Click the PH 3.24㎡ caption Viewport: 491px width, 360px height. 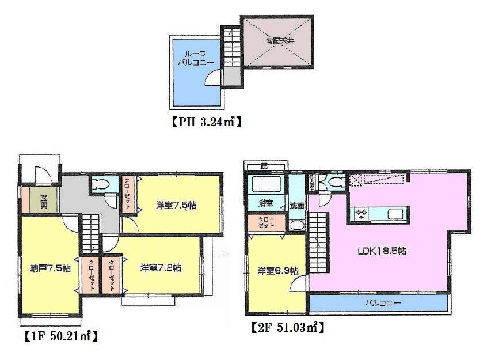[x=204, y=122]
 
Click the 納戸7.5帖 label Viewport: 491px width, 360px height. [x=50, y=268]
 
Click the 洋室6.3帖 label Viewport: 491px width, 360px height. [x=277, y=270]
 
